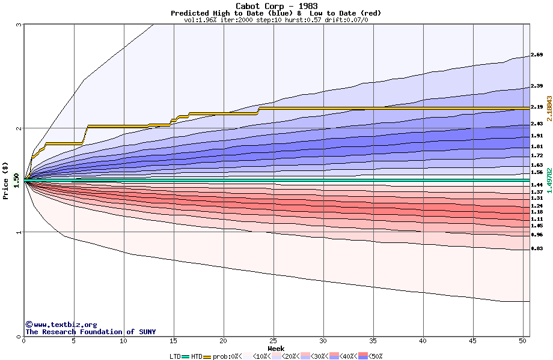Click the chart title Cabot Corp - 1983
(x=276, y=6)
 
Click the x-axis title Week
(x=276, y=349)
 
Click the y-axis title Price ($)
(x=6, y=180)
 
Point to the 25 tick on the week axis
(x=273, y=341)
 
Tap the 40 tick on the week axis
(x=423, y=341)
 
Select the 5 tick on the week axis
(x=74, y=341)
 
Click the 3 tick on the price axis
(x=19, y=25)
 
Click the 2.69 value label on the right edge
(x=537, y=55)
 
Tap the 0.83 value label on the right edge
(x=537, y=248)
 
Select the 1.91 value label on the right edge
(x=537, y=136)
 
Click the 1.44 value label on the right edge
(x=537, y=185)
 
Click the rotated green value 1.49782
(x=549, y=179)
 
